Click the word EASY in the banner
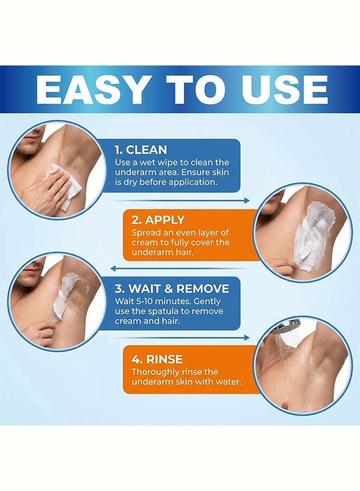point(92,89)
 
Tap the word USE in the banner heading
point(284,89)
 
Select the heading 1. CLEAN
point(141,149)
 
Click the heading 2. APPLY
point(158,220)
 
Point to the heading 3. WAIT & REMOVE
point(172,289)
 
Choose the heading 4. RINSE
point(157,359)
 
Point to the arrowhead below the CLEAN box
point(247,200)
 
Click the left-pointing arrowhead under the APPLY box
point(113,268)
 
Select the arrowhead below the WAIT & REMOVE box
point(247,338)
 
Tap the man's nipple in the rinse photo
point(285,405)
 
